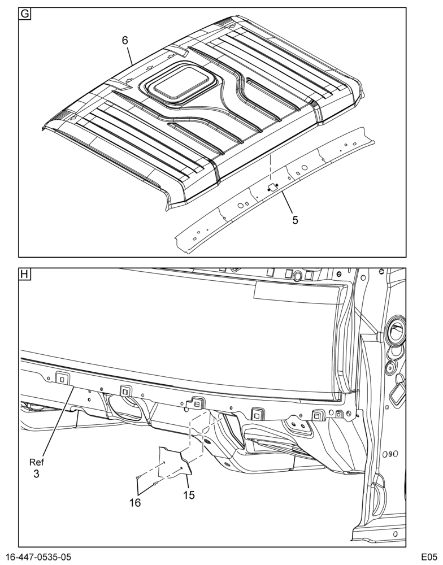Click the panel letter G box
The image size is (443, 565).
25,14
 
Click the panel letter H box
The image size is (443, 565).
25,275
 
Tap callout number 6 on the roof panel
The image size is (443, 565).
125,40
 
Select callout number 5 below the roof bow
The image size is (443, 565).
295,220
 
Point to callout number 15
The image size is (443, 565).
189,495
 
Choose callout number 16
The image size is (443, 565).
135,502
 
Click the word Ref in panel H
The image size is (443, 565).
36,462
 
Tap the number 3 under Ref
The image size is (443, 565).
36,474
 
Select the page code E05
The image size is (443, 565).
428,557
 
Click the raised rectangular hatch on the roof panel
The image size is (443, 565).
180,82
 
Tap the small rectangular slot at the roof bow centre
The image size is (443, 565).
272,187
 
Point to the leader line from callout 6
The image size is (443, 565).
131,55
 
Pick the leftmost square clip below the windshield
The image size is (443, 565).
62,379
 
